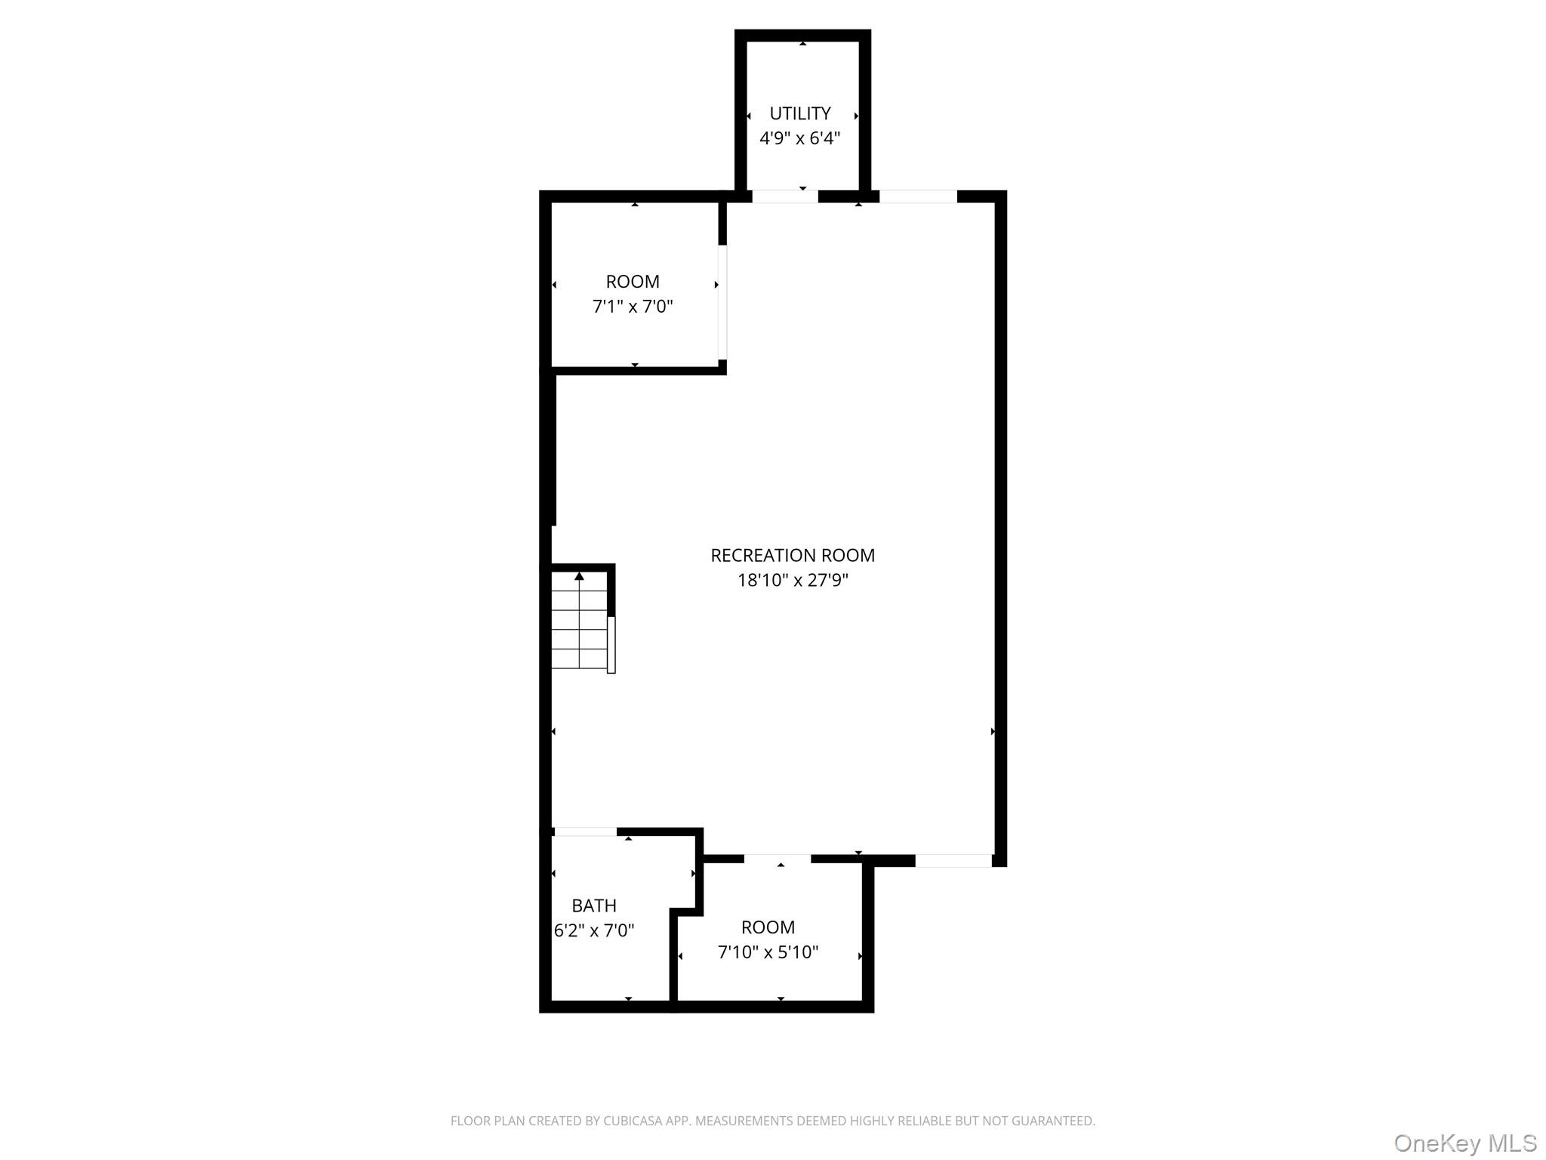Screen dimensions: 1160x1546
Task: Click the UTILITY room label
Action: coord(799,113)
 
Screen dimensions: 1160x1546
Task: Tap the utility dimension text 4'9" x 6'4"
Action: coord(799,138)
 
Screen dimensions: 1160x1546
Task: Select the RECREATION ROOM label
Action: coord(793,555)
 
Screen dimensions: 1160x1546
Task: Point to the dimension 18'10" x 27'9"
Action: coord(793,580)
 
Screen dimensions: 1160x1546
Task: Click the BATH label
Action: coord(594,905)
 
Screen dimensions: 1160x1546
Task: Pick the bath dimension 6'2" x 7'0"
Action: coord(594,930)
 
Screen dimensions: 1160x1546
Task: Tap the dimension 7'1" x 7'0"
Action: coord(633,307)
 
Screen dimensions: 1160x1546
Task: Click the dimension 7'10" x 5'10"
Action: coord(768,952)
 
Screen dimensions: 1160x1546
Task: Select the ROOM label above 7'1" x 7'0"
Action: coord(633,282)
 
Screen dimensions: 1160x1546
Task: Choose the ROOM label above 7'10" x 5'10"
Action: coord(768,927)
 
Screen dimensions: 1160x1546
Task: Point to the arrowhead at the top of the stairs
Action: coord(579,576)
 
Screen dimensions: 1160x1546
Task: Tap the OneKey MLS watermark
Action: coord(1465,1143)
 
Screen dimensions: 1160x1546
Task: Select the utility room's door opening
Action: coord(785,196)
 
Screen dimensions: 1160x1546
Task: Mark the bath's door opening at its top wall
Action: coord(585,831)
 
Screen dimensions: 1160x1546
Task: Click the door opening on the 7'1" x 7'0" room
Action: coord(722,302)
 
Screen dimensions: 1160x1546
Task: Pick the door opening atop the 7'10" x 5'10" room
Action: coord(778,859)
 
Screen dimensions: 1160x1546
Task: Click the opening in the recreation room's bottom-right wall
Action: coord(953,860)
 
